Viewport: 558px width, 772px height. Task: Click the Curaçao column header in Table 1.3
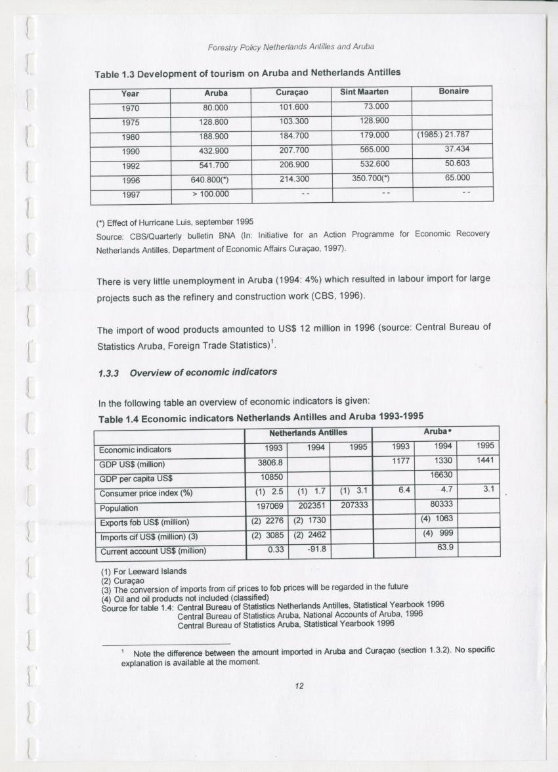(292, 93)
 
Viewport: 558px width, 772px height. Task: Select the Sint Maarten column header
(365, 93)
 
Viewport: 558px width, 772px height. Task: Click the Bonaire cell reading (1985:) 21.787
(443, 135)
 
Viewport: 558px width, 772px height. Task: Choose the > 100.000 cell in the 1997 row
(210, 194)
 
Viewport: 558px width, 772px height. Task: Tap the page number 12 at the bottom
(299, 686)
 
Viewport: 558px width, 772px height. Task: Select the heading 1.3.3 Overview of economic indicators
(187, 372)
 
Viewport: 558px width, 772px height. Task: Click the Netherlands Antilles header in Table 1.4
(308, 433)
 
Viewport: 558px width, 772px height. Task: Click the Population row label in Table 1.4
(119, 508)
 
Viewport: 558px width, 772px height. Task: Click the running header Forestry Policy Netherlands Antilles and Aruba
(291, 47)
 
